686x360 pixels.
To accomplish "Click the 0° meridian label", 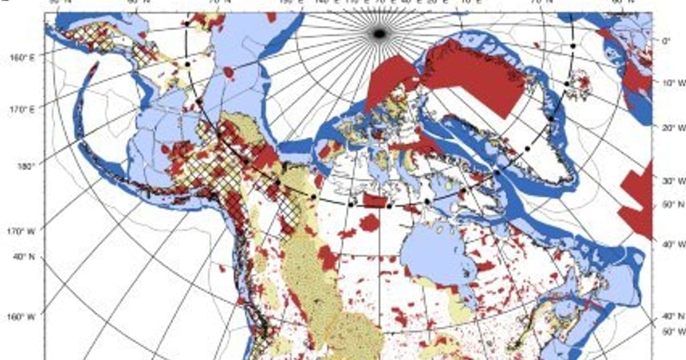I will click(665, 41).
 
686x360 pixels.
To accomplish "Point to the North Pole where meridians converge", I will click(378, 34).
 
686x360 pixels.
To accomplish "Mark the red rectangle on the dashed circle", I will click(373, 201).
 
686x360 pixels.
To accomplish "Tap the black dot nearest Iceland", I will click(567, 84).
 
